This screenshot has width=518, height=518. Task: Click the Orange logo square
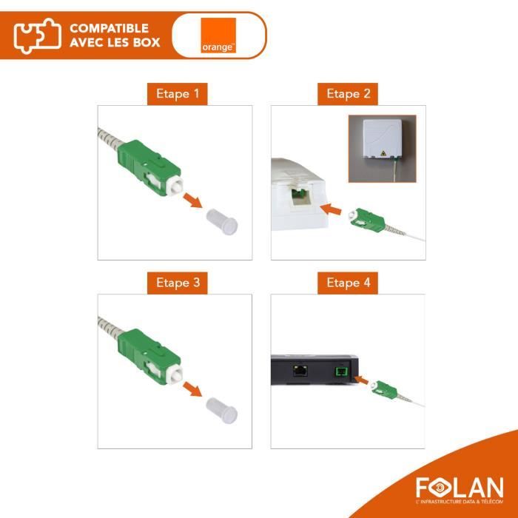(218, 36)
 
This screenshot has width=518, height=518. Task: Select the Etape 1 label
(176, 94)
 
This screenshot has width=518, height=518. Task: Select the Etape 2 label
(347, 94)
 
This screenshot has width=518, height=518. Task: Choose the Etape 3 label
(176, 283)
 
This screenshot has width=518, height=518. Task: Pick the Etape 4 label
(347, 283)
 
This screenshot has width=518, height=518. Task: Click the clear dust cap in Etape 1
(220, 221)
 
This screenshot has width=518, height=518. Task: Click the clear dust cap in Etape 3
(220, 409)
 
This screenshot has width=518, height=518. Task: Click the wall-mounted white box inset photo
(382, 148)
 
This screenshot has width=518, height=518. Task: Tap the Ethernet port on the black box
(301, 371)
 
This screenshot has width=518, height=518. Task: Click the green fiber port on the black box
(342, 371)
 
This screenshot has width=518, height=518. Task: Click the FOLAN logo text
(458, 488)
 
